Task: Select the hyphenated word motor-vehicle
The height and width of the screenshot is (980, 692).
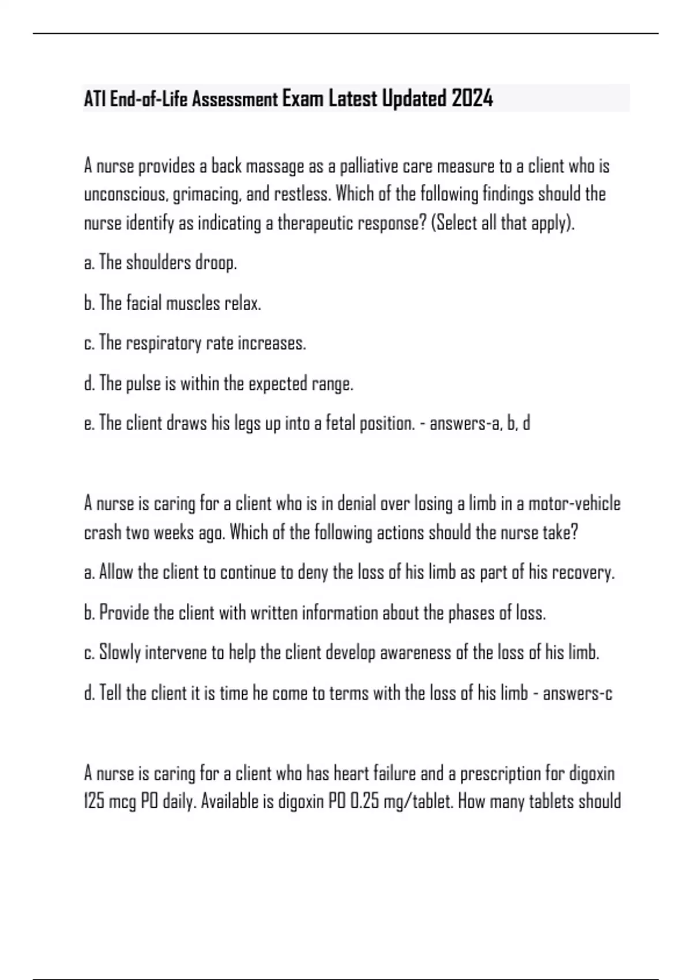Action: coord(574,504)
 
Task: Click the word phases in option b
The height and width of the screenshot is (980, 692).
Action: coord(471,613)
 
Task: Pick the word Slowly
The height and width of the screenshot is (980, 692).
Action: coord(120,653)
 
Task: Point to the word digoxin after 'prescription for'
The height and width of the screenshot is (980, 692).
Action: coord(592,773)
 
